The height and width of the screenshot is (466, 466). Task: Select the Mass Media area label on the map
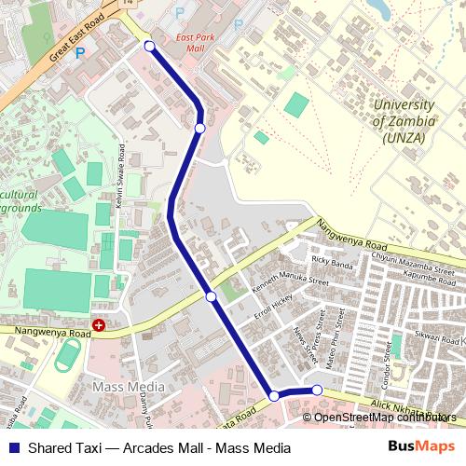tap(129, 386)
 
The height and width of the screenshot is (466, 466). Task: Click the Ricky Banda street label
tap(333, 263)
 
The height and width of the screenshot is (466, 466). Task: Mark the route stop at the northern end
tap(149, 45)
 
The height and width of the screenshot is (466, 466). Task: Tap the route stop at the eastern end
tap(317, 390)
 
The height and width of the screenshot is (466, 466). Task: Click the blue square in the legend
tap(13, 448)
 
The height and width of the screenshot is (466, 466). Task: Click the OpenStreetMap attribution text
tap(385, 417)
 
